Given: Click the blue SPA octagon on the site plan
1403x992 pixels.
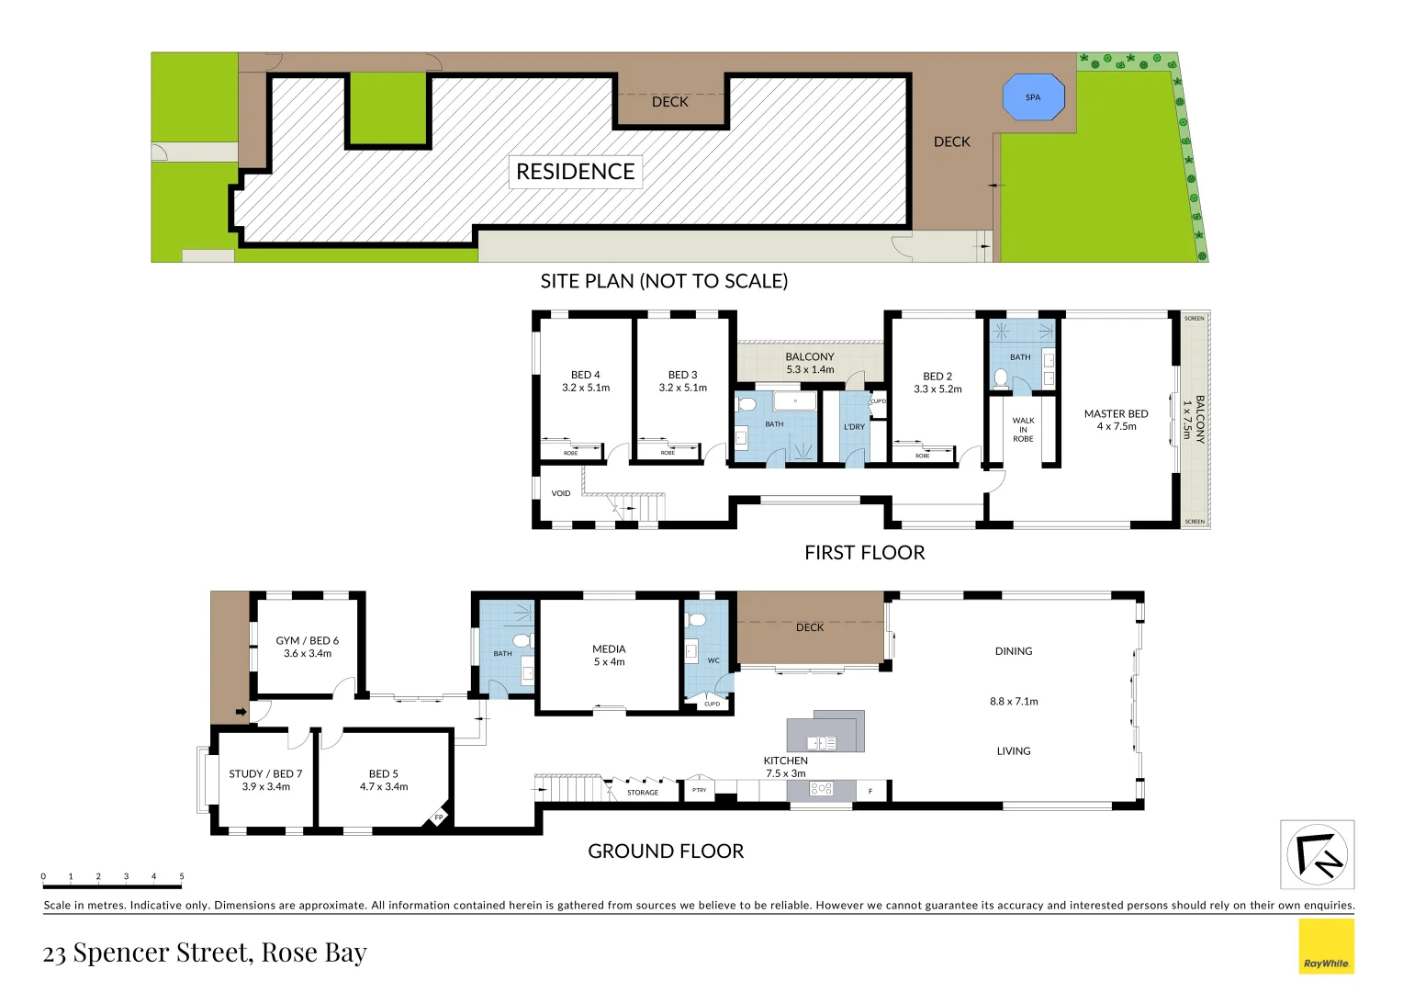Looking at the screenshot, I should (1033, 97).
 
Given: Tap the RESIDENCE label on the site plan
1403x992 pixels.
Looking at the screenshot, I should (575, 172).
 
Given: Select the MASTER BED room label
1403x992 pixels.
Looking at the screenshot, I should (1116, 420).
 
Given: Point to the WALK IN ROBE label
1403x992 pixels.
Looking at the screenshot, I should (1023, 430).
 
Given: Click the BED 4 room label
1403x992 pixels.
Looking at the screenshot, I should (586, 381).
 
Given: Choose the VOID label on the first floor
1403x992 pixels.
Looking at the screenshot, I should (561, 493).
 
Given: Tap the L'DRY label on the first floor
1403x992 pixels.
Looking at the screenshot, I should (854, 427).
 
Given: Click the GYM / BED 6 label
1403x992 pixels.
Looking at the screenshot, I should (308, 647).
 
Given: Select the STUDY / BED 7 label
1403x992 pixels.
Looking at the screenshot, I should (265, 780).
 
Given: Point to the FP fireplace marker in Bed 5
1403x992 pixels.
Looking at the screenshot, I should (438, 817).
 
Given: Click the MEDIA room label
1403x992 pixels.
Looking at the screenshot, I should (609, 655).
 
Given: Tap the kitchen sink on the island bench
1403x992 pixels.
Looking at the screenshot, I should (821, 743).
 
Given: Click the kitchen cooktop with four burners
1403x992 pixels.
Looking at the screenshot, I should (821, 789).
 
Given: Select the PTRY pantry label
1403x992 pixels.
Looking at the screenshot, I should (700, 790).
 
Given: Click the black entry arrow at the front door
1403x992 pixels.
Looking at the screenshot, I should (241, 712).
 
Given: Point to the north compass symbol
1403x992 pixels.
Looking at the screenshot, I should (1317, 855).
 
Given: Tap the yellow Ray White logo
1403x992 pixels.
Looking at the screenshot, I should (1326, 946).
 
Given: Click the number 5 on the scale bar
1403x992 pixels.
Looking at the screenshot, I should (182, 876).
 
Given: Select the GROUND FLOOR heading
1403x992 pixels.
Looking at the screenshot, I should (666, 851).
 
